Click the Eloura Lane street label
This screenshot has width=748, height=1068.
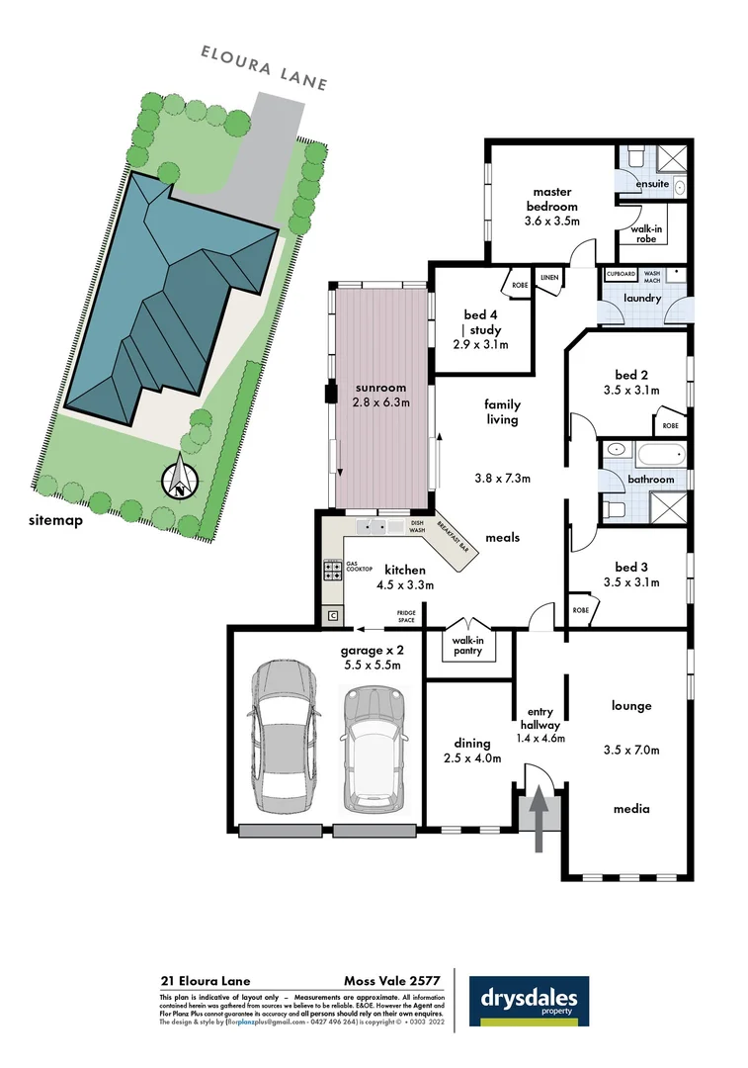pyautogui.click(x=264, y=65)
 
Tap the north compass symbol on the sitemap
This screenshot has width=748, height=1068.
pyautogui.click(x=180, y=481)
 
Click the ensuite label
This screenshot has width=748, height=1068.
pyautogui.click(x=652, y=183)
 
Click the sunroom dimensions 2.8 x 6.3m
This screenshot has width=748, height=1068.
pyautogui.click(x=380, y=402)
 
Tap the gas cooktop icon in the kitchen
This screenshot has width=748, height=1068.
pyautogui.click(x=332, y=570)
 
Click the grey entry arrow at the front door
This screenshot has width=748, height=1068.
pyautogui.click(x=539, y=817)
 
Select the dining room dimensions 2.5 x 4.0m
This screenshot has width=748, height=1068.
pyautogui.click(x=471, y=758)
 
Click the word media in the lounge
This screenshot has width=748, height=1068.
pyautogui.click(x=631, y=809)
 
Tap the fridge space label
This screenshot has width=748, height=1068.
pyautogui.click(x=405, y=617)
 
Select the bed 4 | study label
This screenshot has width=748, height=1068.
pyautogui.click(x=484, y=322)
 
